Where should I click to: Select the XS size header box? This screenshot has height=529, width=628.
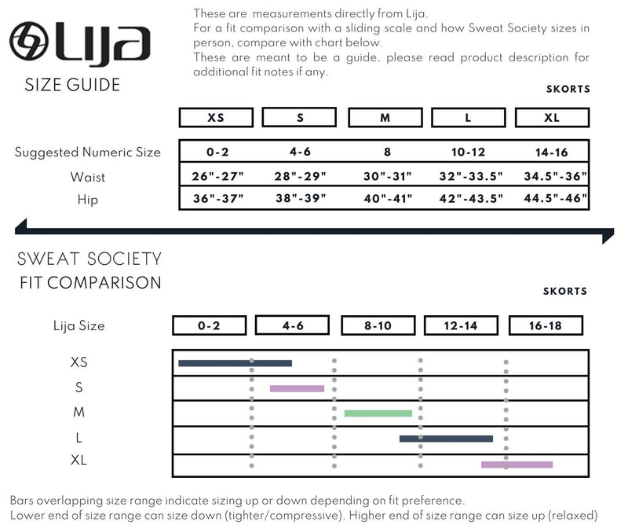click(x=216, y=118)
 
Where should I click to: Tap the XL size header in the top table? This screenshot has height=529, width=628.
click(x=552, y=118)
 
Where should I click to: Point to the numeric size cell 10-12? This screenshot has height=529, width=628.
click(x=468, y=152)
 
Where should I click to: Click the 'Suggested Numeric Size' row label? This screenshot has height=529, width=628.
click(x=88, y=152)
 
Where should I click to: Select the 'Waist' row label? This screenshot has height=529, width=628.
click(x=88, y=177)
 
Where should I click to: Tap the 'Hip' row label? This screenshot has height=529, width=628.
click(x=88, y=200)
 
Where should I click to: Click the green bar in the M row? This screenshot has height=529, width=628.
click(x=378, y=413)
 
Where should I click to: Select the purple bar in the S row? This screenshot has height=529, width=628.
click(x=297, y=388)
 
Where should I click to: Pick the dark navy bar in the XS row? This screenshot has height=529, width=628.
click(x=235, y=363)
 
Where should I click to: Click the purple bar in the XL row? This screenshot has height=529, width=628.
click(x=517, y=465)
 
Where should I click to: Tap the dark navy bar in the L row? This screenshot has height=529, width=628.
click(x=446, y=439)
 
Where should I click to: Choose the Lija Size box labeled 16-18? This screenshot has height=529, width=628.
click(x=546, y=325)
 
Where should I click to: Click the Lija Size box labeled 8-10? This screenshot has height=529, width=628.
click(x=378, y=325)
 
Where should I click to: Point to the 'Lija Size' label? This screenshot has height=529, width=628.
click(x=78, y=325)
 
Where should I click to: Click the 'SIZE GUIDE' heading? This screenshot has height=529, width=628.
click(x=73, y=85)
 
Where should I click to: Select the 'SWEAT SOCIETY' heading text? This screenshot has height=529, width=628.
click(x=89, y=259)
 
